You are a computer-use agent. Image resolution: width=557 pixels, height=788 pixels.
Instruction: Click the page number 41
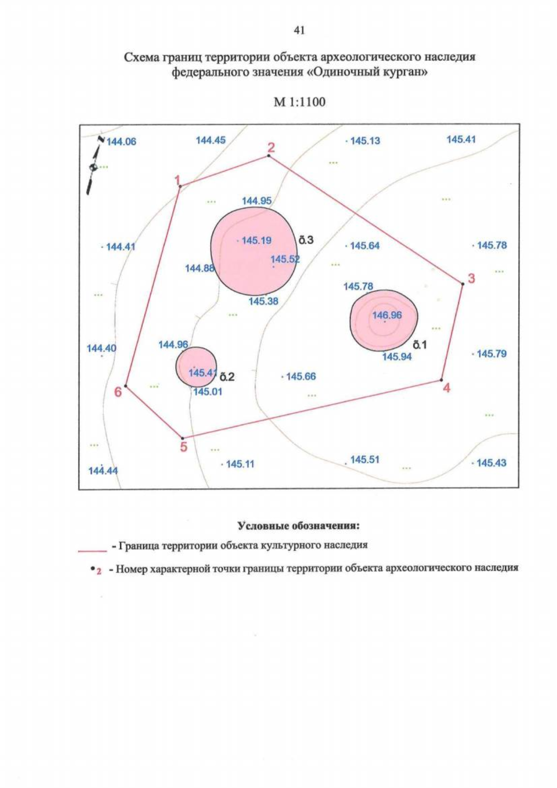pos(299,31)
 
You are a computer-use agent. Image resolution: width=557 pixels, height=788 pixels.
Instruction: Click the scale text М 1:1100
pos(299,102)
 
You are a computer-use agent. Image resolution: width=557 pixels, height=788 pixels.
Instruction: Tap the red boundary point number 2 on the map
pos(271,148)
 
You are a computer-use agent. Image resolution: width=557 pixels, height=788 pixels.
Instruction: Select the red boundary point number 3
pos(471,278)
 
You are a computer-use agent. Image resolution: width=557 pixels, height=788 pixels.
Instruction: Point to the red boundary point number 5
pos(184,447)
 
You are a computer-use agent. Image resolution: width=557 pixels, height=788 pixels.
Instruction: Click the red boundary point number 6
pos(118,392)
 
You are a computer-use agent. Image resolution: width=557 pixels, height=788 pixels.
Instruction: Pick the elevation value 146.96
pos(387,315)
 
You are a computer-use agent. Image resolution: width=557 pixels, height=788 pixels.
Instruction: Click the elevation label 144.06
pos(122,142)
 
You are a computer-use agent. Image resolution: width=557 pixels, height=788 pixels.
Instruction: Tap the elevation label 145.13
pos(365,141)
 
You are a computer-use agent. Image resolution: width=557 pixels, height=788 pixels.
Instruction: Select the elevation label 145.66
pos(301,377)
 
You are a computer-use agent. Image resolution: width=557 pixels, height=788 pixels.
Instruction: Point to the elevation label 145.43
pos(491,463)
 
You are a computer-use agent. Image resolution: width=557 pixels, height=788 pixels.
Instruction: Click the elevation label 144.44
pos(103,471)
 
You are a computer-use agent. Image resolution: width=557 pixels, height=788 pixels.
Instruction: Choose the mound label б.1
pos(420,345)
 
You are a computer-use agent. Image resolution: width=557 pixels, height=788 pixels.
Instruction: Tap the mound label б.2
pos(227,377)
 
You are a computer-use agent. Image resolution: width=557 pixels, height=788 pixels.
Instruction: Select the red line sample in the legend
pos(92,551)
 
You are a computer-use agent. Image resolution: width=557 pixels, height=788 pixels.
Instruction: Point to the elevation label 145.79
pos(492,354)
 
